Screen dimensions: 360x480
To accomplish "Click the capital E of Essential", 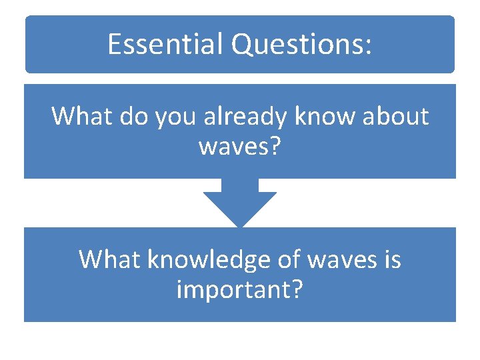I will pos(114,45).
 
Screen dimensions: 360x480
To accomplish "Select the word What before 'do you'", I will pos(77,116).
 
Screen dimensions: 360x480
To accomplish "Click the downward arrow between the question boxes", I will pos(239,203).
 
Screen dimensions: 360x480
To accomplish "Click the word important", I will pos(233,289).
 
